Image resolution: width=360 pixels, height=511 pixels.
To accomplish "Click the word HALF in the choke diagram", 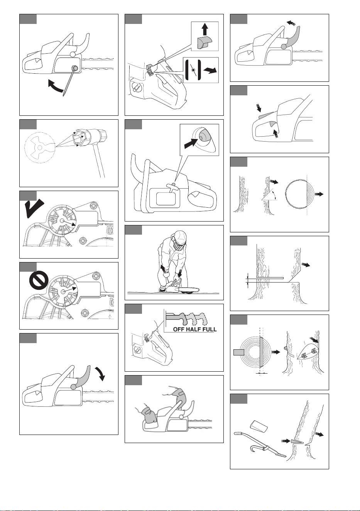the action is click(x=193, y=329).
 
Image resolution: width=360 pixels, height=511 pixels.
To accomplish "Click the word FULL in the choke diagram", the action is click(x=209, y=329).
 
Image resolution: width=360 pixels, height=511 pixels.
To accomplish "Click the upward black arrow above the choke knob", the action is click(x=205, y=29).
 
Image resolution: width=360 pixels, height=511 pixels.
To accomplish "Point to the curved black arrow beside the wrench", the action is click(x=55, y=86).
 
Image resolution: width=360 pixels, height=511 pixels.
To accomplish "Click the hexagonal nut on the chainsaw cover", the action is click(x=74, y=68).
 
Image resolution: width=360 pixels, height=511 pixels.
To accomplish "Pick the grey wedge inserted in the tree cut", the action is click(x=297, y=442).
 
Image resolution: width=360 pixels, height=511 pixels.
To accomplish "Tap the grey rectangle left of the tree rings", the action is click(x=238, y=352).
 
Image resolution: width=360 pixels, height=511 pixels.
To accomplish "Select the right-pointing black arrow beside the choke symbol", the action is click(x=210, y=70).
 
